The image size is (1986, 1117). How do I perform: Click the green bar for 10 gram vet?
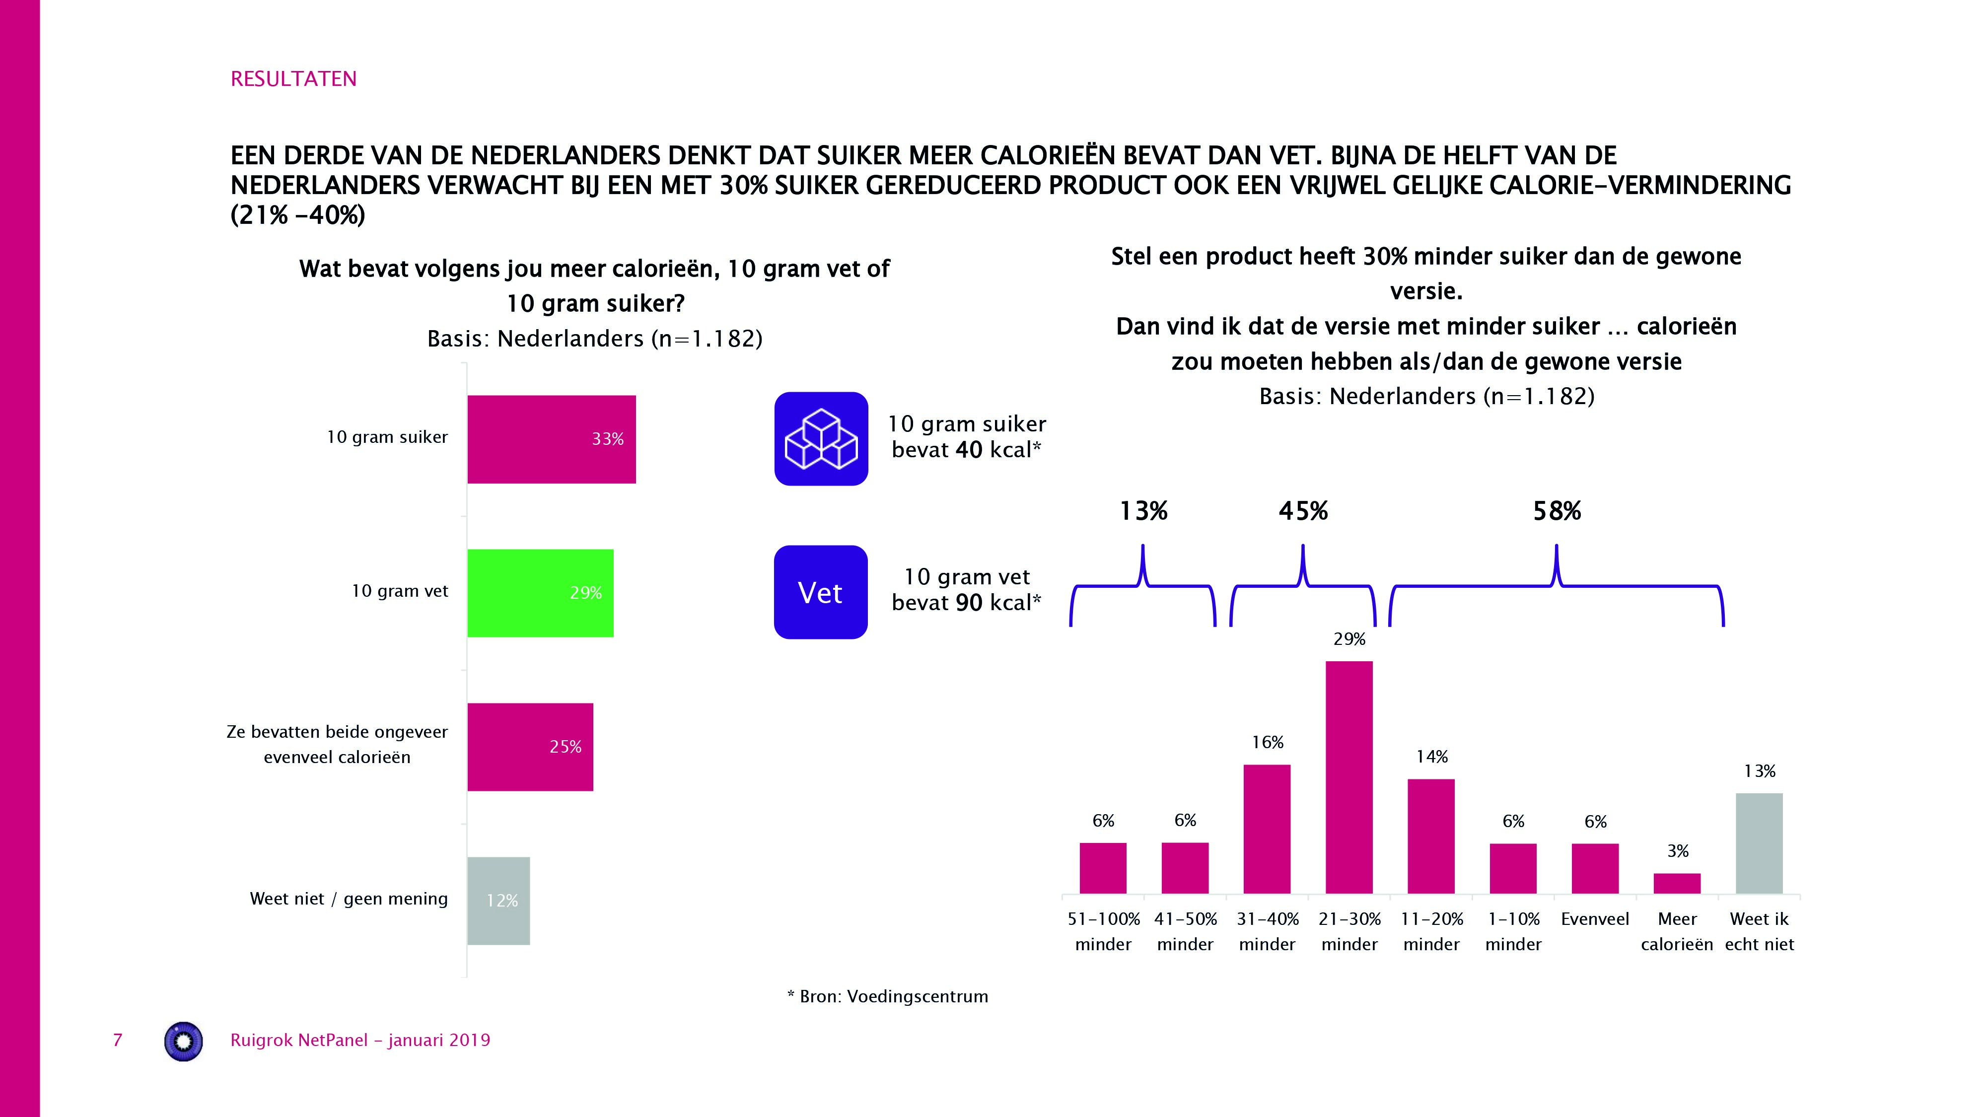click(540, 593)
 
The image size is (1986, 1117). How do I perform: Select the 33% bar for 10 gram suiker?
click(551, 439)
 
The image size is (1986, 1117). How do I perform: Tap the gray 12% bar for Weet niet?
click(498, 901)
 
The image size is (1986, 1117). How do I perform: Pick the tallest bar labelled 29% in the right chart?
click(1348, 776)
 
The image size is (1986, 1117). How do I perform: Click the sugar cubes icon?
click(821, 439)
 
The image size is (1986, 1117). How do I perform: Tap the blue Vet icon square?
click(820, 592)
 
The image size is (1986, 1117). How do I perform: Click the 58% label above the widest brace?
click(1557, 511)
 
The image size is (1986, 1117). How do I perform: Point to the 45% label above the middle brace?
click(1303, 511)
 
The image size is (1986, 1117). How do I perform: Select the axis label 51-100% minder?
click(1103, 931)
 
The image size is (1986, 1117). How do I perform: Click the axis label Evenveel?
click(1595, 919)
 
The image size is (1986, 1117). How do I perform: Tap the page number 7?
click(118, 1040)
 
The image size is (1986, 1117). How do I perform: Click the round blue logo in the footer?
click(184, 1042)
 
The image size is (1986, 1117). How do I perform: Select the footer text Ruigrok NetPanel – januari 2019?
click(360, 1040)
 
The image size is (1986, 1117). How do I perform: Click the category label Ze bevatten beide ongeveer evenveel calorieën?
click(337, 744)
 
